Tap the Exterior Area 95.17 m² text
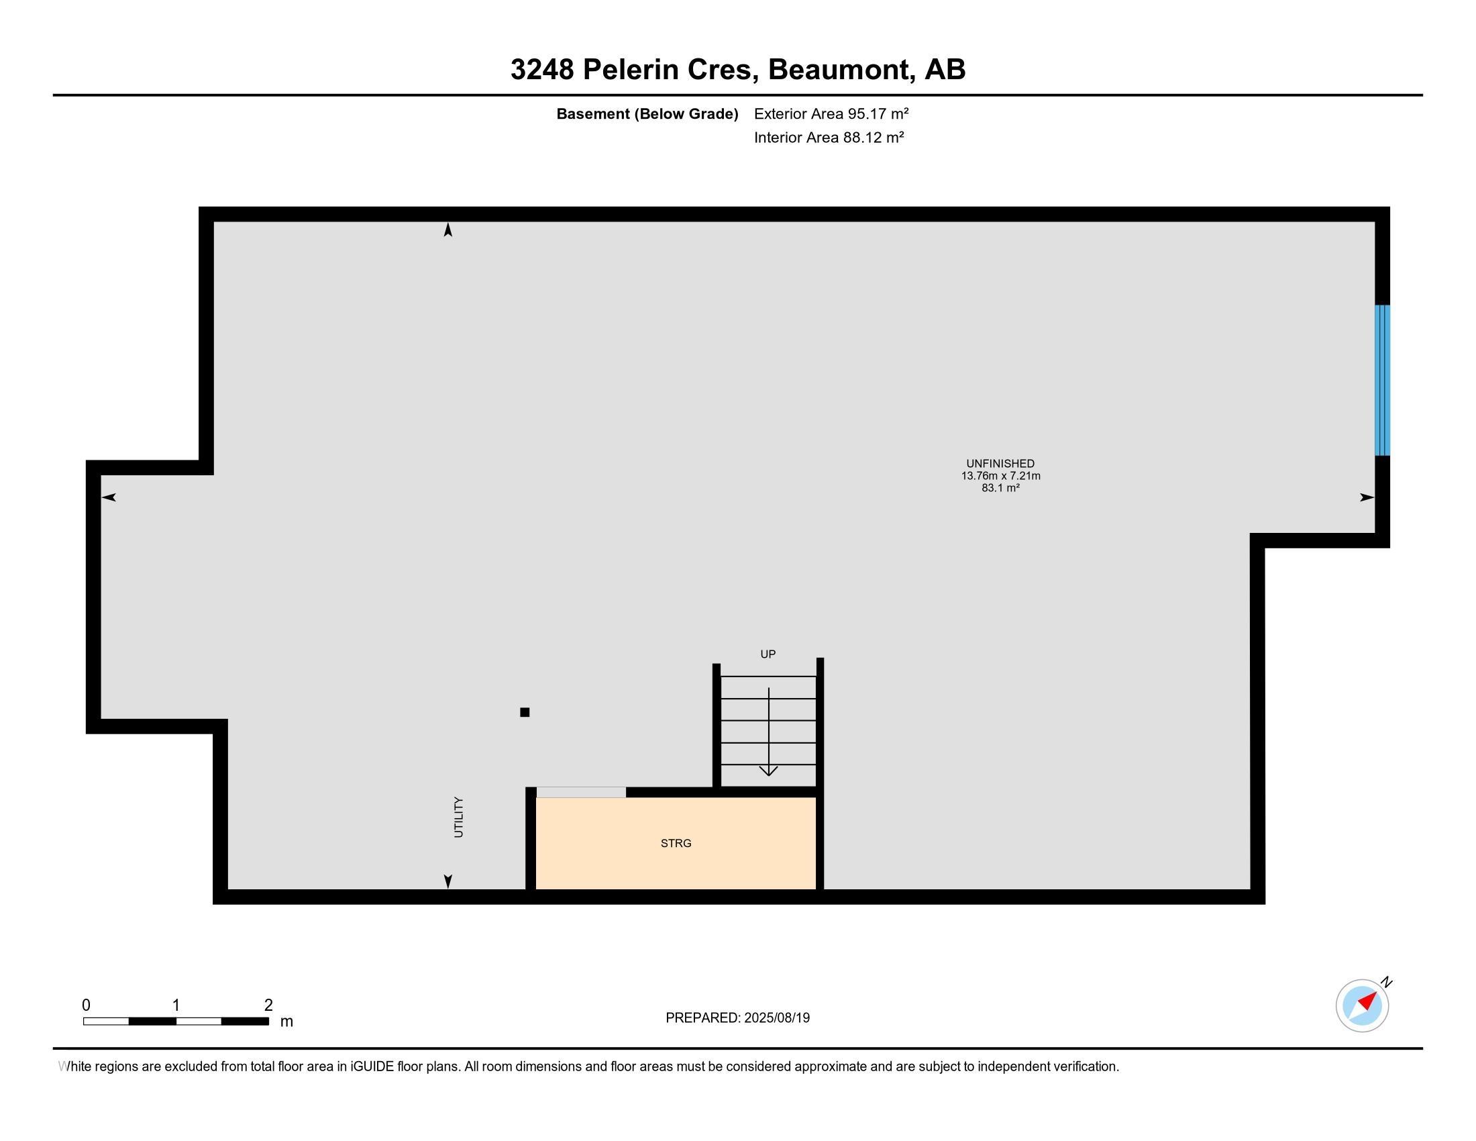(x=831, y=113)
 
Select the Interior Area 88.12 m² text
(x=829, y=137)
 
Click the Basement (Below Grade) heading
(x=647, y=114)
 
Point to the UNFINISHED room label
(x=1000, y=464)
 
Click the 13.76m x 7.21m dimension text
(x=1000, y=476)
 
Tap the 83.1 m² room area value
(x=1000, y=488)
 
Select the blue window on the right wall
(x=1382, y=380)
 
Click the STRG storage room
(x=676, y=843)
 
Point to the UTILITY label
(x=459, y=817)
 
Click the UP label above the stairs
(x=768, y=654)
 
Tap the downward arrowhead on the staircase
(x=768, y=771)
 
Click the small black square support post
(x=525, y=711)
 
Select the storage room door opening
(x=581, y=792)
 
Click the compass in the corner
(x=1363, y=1005)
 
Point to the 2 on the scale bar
(x=268, y=1005)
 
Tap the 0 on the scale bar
(x=87, y=1005)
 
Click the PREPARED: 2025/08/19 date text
(x=737, y=1018)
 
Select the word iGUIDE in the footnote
(x=371, y=1066)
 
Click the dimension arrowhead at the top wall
(x=447, y=230)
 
